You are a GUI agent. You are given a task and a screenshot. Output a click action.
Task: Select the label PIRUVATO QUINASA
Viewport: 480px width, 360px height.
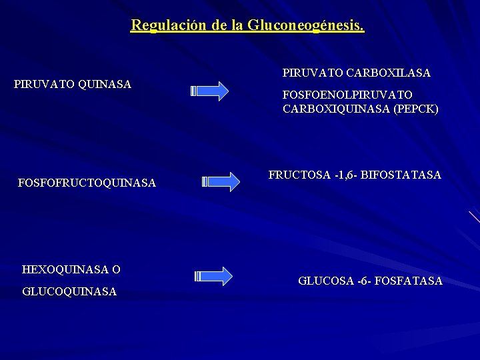pos(73,84)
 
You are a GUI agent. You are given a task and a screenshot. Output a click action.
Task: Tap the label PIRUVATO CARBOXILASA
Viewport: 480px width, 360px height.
pos(357,71)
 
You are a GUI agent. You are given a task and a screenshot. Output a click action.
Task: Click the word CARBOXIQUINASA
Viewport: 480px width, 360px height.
pos(332,109)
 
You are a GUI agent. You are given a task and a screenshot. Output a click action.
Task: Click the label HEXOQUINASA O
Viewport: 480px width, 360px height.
pos(71,269)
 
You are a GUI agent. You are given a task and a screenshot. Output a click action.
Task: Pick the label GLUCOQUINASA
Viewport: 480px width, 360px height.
pos(69,291)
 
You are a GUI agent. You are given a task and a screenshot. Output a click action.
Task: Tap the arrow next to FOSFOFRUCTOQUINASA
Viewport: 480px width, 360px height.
pos(221,181)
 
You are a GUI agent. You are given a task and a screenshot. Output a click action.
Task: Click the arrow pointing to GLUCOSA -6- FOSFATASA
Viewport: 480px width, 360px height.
pos(214,275)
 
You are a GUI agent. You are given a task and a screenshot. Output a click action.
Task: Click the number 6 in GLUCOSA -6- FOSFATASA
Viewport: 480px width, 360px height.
pos(362,281)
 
